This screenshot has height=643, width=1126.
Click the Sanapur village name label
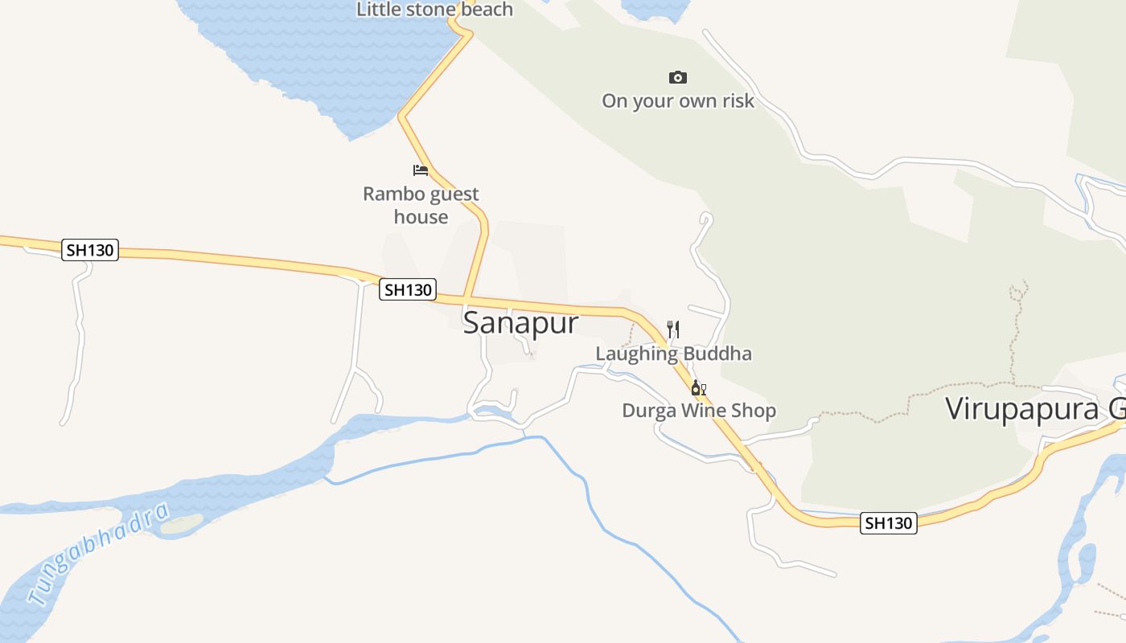520,323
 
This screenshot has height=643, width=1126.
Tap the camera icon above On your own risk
678,77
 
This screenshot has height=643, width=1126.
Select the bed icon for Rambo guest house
421,170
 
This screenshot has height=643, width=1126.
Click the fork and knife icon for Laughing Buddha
673,329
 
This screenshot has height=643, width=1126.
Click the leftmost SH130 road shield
90,250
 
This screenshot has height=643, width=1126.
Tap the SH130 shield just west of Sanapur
408,289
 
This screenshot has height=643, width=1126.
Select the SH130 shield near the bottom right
888,523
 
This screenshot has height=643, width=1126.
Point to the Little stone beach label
434,10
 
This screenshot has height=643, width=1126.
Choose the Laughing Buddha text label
673,354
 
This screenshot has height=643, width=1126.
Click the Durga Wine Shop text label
699,411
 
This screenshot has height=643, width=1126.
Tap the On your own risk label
678,101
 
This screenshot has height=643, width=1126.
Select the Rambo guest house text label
421,205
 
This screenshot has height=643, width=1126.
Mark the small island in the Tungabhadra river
182,524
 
